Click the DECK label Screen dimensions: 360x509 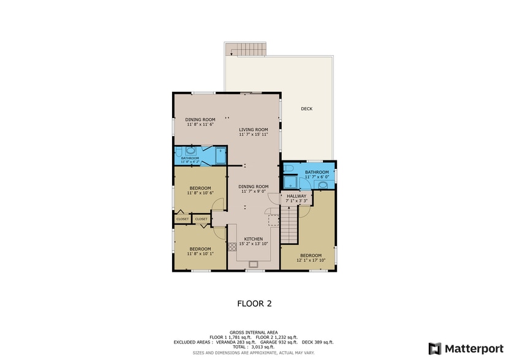[306, 109]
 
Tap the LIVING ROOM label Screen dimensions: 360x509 [254, 129]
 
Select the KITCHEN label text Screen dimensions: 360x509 [254, 239]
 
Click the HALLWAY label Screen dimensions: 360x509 [296, 196]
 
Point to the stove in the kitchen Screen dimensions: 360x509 [232, 247]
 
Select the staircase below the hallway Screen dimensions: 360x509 [289, 223]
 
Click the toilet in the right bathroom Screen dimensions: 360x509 [290, 167]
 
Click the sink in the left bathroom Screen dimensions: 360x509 [190, 150]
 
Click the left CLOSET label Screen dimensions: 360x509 [183, 219]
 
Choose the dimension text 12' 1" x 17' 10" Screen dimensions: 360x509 [311, 260]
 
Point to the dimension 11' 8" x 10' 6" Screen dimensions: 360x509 [200, 193]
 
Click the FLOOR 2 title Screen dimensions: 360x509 [254, 302]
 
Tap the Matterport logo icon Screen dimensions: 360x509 [434, 348]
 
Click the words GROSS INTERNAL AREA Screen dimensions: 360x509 [254, 332]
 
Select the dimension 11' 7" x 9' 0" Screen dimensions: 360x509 [254, 192]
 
